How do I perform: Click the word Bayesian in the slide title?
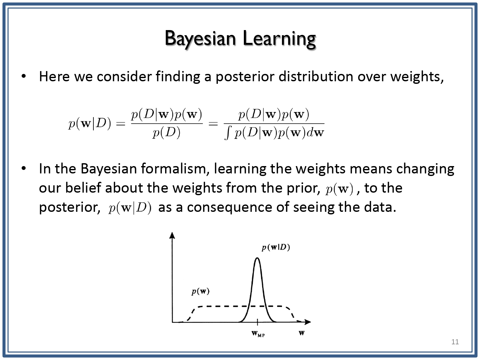(x=200, y=39)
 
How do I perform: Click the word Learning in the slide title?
(x=279, y=39)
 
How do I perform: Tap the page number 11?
(x=455, y=342)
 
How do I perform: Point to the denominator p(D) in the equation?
(x=167, y=132)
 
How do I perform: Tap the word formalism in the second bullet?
(x=175, y=169)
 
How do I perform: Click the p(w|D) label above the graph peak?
(x=276, y=247)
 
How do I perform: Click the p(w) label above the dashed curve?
(x=200, y=292)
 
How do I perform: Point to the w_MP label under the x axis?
(x=258, y=334)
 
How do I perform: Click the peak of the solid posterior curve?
(x=257, y=258)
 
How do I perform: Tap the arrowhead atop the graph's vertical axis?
(x=172, y=236)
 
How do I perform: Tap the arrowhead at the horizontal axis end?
(x=308, y=322)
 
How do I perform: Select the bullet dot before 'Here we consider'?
(x=24, y=76)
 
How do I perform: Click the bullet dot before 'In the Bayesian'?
(x=24, y=168)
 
